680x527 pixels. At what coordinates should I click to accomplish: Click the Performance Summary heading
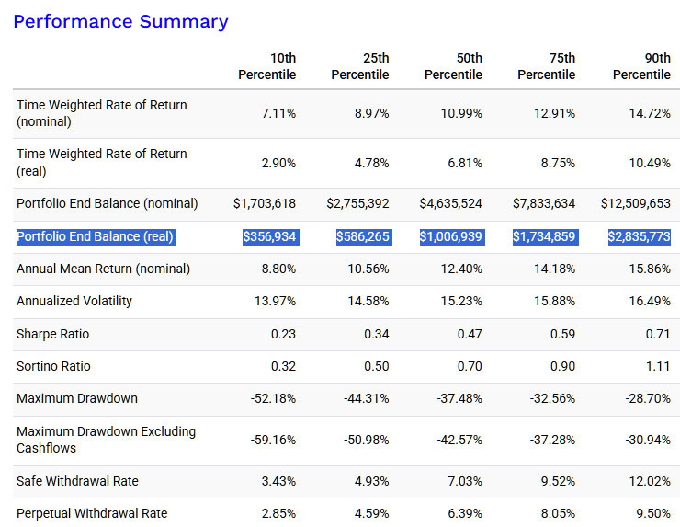pos(120,22)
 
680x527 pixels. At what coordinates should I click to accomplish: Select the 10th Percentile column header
pos(267,66)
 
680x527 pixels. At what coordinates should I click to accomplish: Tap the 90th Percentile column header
pos(641,66)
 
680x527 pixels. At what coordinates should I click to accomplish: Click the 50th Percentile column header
pos(453,66)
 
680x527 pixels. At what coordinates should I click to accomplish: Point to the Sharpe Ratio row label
pos(53,334)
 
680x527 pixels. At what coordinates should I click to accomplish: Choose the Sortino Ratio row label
pos(53,366)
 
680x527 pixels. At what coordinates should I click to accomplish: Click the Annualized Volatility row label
pos(74,301)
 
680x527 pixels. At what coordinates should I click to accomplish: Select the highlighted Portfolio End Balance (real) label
pos(95,236)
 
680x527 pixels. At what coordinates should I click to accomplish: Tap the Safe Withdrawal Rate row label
pos(77,481)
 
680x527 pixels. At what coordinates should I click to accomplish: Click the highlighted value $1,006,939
pos(451,236)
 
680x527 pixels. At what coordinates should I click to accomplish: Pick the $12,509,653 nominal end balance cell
pos(636,203)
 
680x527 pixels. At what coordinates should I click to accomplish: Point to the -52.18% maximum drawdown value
pos(273,398)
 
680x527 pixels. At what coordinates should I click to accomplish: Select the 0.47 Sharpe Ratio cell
pos(470,334)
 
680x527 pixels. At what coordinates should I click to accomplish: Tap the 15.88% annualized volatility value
pos(555,301)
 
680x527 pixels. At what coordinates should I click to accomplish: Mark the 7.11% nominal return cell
pos(278,113)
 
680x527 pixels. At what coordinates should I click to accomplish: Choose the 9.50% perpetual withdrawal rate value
pos(653,513)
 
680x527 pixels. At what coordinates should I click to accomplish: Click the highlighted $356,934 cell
pos(269,236)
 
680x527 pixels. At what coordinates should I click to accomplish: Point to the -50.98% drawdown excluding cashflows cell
pos(367,440)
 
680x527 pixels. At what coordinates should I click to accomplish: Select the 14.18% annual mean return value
pos(555,269)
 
